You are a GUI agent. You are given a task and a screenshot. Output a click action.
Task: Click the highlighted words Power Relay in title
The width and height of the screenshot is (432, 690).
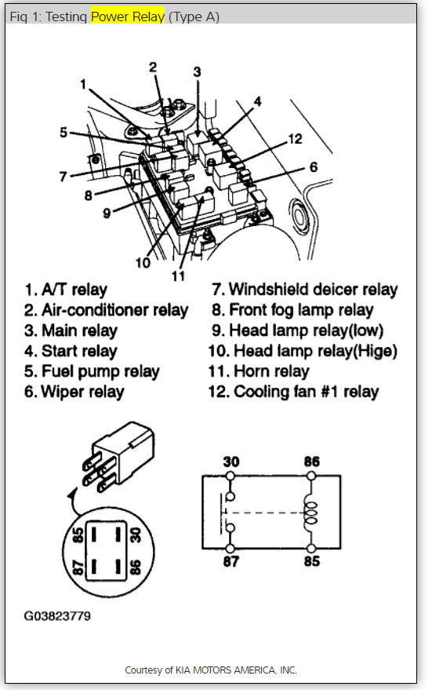(x=129, y=16)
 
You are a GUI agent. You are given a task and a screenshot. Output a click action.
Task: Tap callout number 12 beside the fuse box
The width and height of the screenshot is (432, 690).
(x=295, y=139)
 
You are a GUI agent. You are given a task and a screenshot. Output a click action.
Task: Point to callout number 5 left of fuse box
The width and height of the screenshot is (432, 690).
(x=64, y=133)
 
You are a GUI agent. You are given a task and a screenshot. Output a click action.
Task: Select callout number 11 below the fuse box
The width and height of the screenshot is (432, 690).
(x=179, y=276)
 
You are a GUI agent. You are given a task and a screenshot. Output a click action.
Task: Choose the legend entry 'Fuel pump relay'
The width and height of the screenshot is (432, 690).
(x=91, y=371)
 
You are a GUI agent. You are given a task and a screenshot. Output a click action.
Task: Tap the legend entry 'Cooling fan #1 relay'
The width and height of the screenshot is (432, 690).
(x=306, y=392)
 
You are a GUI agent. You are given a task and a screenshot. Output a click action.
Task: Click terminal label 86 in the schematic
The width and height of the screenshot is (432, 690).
(x=311, y=462)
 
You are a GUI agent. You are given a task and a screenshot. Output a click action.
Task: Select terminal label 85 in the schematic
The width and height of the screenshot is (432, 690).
(x=311, y=562)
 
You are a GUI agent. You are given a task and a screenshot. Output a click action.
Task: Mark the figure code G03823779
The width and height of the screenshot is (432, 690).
(x=56, y=616)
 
